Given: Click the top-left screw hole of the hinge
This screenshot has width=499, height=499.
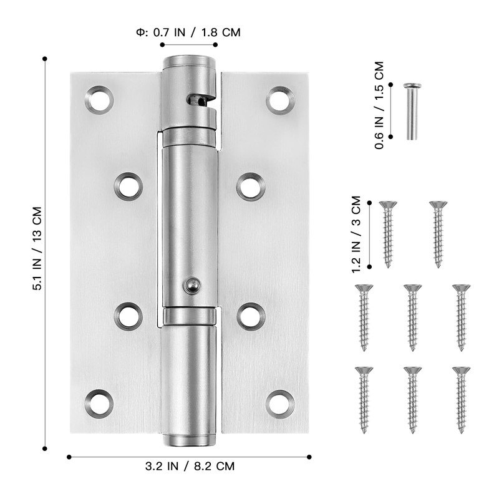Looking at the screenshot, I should [x=99, y=100].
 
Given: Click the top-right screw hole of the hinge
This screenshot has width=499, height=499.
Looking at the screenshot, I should [x=280, y=100].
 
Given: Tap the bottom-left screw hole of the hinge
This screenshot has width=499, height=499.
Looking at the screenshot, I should [x=99, y=403].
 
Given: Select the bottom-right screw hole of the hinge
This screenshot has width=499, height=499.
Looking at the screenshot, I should [x=280, y=403].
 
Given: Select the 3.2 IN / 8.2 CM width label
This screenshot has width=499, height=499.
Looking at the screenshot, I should [x=190, y=466].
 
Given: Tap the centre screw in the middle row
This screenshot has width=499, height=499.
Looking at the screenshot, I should [x=412, y=317].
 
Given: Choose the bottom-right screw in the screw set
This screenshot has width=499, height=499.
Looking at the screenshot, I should [x=461, y=399].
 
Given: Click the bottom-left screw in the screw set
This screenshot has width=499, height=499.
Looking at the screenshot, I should [x=363, y=399].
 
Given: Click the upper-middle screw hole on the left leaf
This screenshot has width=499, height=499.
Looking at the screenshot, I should [x=128, y=187].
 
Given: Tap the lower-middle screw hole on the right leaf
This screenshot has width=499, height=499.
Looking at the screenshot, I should [x=251, y=316].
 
